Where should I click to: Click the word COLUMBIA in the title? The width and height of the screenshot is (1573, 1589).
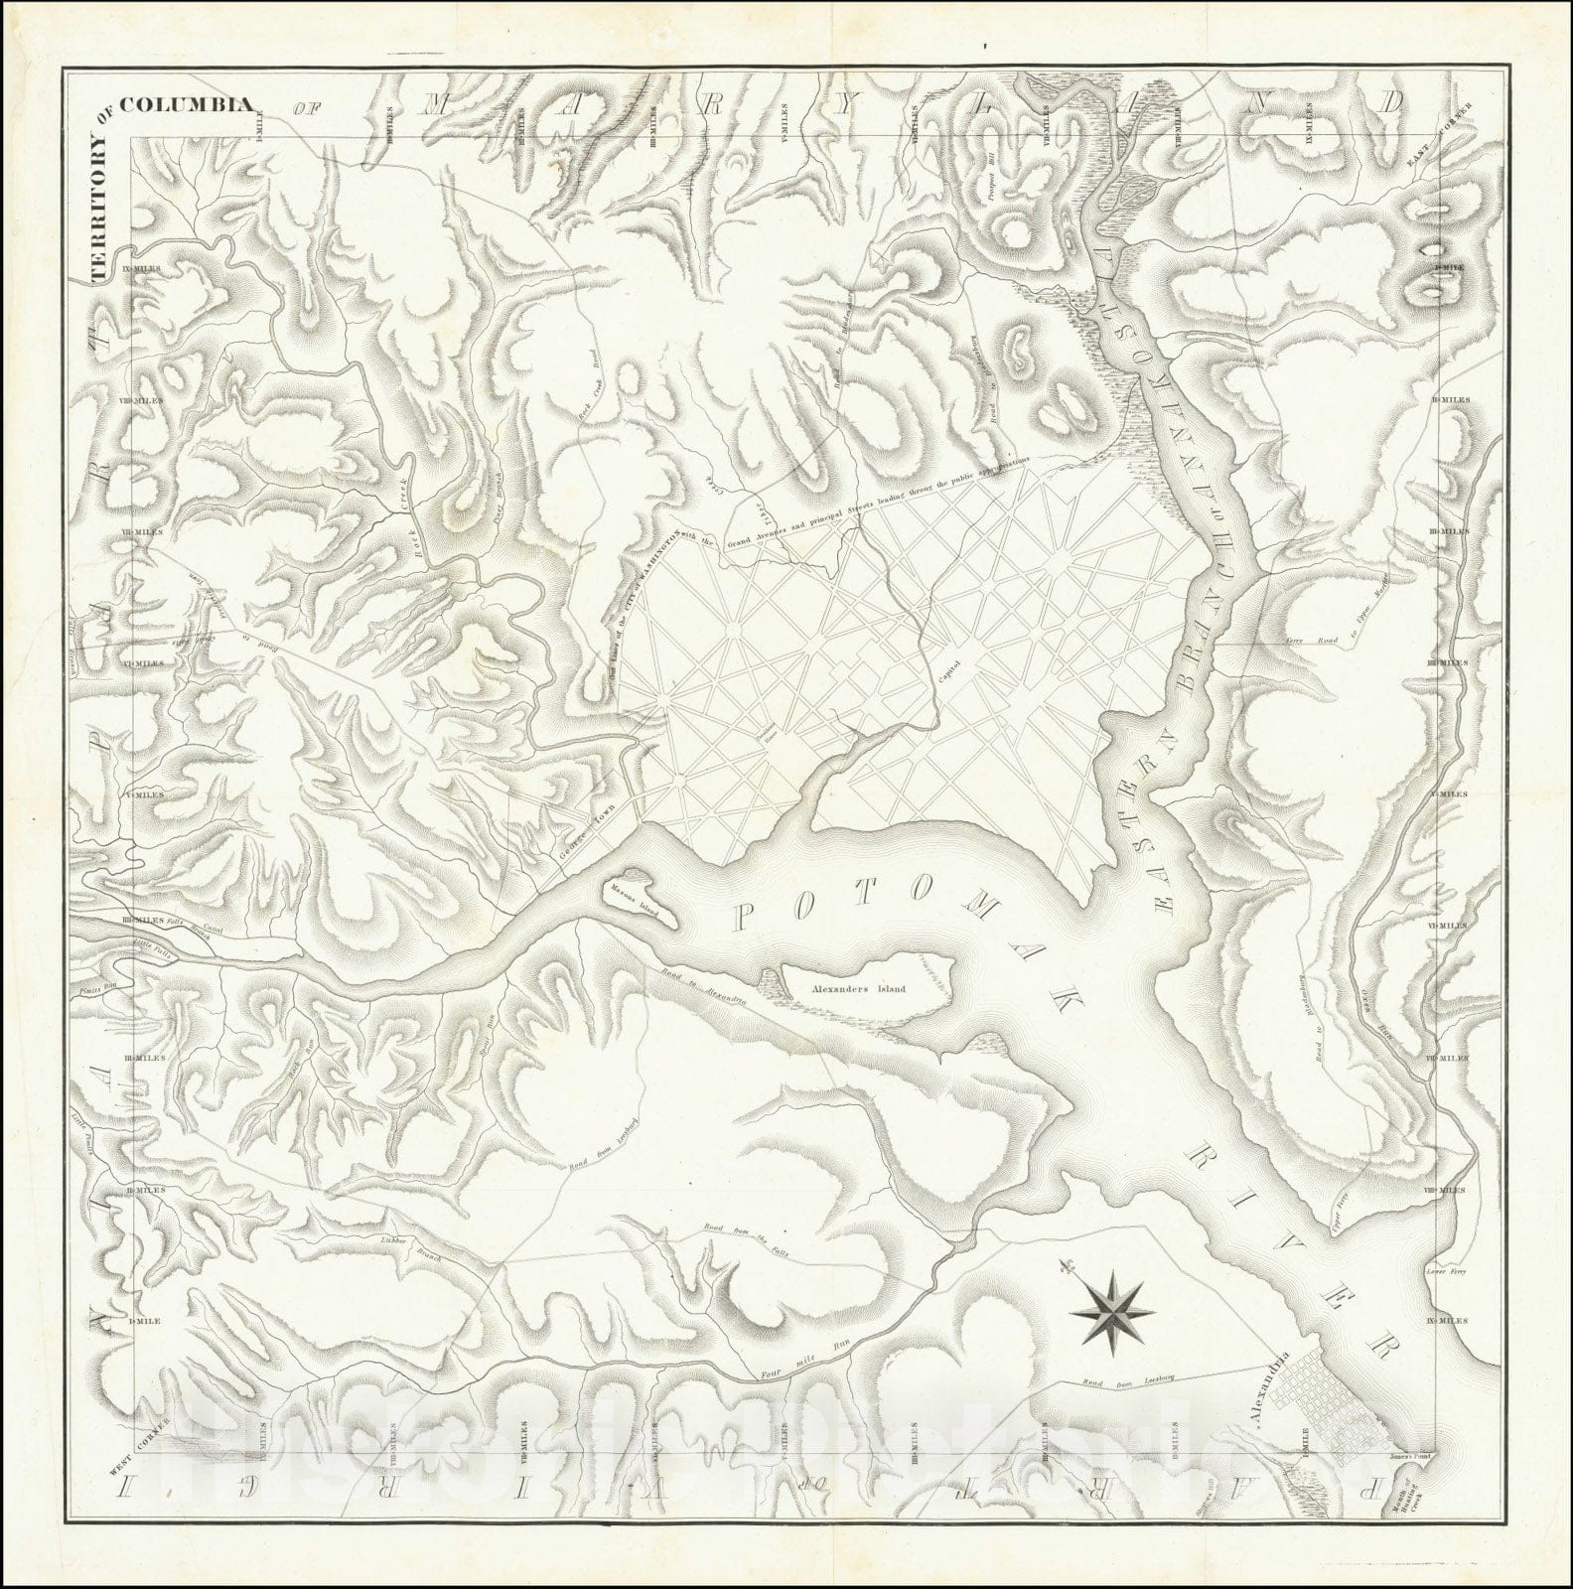click(183, 106)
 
